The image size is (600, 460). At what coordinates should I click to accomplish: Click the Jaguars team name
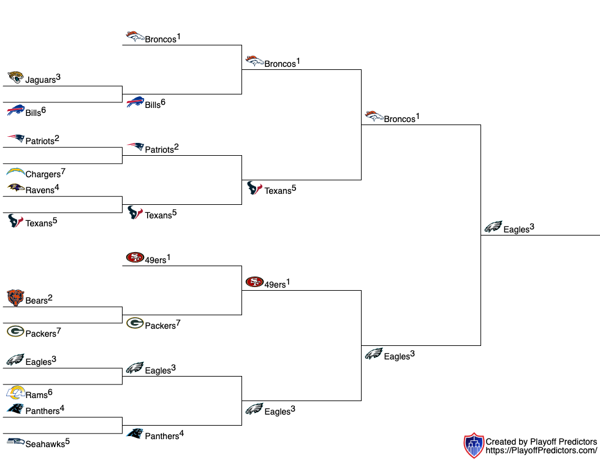click(x=40, y=80)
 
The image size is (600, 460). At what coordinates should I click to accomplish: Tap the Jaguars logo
click(x=15, y=77)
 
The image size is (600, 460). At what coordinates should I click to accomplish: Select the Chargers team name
click(x=43, y=175)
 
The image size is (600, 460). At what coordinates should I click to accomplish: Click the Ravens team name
click(x=40, y=190)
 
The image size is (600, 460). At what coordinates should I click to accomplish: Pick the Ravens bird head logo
click(x=15, y=188)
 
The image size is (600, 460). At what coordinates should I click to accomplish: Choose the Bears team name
click(x=36, y=301)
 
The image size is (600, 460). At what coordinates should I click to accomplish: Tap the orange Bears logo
click(x=15, y=298)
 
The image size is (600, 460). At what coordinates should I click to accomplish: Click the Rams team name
click(x=36, y=396)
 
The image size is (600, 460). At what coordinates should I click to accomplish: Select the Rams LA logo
click(x=15, y=393)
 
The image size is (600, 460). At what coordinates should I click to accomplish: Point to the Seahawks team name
click(x=45, y=445)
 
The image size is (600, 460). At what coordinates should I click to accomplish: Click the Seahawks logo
click(x=15, y=442)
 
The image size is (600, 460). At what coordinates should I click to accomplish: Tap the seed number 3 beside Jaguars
click(x=58, y=77)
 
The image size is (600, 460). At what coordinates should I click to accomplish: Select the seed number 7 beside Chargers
click(x=63, y=171)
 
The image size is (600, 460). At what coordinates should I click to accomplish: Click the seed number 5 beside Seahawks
click(x=67, y=441)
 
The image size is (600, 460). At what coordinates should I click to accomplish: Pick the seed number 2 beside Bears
click(x=50, y=298)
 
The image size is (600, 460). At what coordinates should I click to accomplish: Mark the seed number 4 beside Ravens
click(x=56, y=187)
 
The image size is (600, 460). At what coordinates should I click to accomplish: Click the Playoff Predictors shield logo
click(x=474, y=446)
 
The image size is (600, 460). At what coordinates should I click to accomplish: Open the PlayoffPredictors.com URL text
click(x=541, y=451)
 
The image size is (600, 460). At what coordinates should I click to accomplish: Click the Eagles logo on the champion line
click(x=493, y=227)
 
